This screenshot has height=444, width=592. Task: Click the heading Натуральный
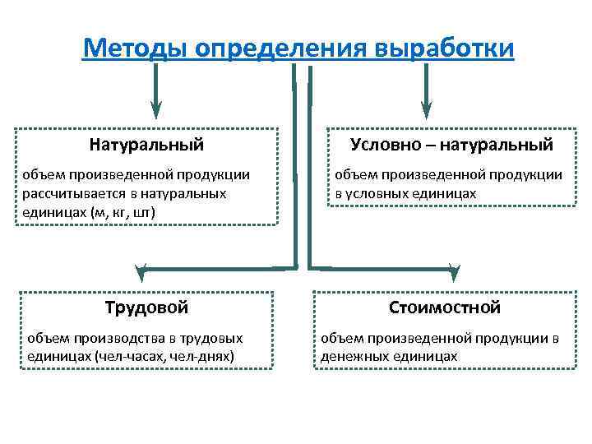click(146, 145)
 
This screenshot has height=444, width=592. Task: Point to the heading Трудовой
click(146, 308)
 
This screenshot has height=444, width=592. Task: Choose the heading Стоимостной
click(445, 308)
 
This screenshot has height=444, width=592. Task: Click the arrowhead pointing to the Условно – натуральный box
click(426, 109)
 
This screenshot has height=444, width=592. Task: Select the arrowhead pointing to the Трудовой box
click(142, 269)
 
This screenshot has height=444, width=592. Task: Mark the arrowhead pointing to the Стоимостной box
click(454, 269)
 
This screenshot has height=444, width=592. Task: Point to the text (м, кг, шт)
click(123, 212)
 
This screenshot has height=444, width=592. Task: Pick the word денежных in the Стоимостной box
click(352, 357)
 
